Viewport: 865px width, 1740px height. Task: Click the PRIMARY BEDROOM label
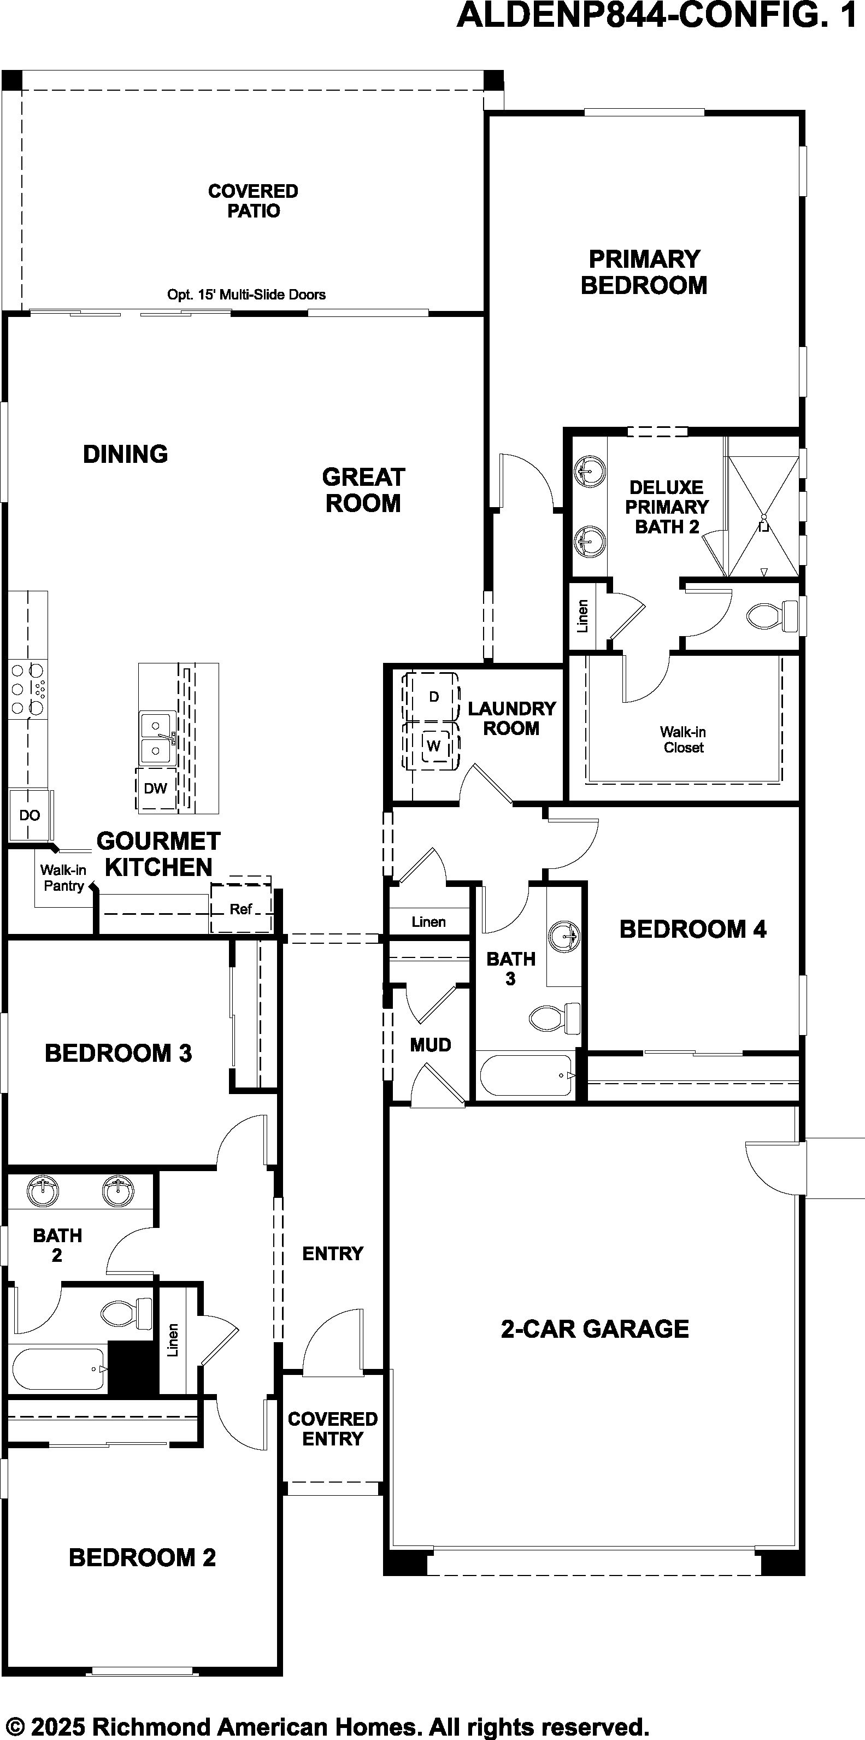click(x=644, y=272)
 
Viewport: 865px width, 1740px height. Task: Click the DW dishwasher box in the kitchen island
click(x=156, y=788)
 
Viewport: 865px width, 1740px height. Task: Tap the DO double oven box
click(x=29, y=815)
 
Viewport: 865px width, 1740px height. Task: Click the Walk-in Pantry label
click(x=63, y=878)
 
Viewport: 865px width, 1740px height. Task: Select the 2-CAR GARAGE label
click(x=595, y=1328)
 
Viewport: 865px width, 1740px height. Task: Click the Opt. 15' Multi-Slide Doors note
click(x=246, y=295)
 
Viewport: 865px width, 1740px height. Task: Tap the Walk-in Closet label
click(x=684, y=739)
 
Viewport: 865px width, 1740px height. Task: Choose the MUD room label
click(x=431, y=1045)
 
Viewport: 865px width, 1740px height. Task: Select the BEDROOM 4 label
click(x=693, y=930)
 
